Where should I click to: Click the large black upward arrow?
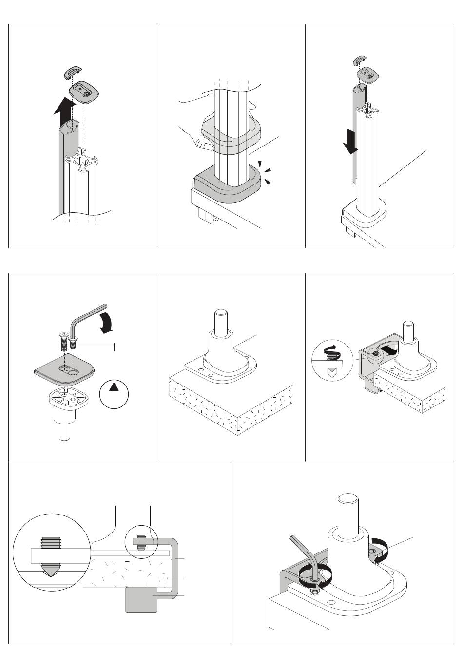coord(64,109)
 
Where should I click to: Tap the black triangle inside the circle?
coord(114,387)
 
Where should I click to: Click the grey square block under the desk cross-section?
coord(141,599)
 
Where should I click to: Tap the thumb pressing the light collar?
coord(200,143)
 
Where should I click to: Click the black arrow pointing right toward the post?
coord(390,349)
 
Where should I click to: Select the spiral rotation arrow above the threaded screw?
coord(325,349)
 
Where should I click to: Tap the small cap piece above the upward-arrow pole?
coord(73,74)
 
